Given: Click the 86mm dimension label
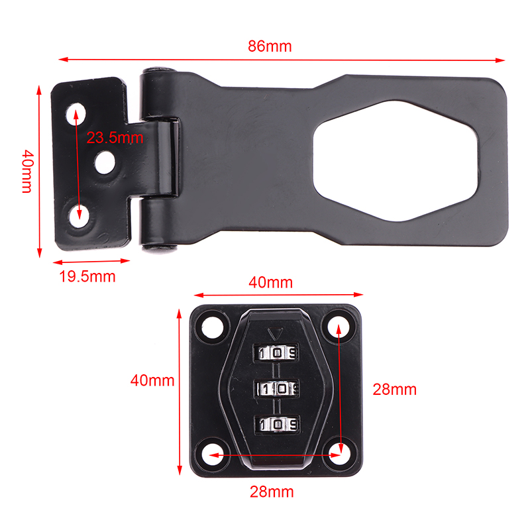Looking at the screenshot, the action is coord(270,46).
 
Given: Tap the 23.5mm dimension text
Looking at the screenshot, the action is coord(115,138).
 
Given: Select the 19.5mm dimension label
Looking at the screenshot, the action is coord(87,276).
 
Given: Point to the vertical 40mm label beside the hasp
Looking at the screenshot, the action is coord(27,172).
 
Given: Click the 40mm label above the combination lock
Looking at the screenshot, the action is coord(271,283).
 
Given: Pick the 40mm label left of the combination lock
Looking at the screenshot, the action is coord(152,380).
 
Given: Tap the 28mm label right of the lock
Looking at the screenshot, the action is coord(394,390).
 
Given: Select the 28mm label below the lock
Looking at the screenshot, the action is coord(272,492).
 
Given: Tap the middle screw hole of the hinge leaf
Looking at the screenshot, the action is coord(105,162).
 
